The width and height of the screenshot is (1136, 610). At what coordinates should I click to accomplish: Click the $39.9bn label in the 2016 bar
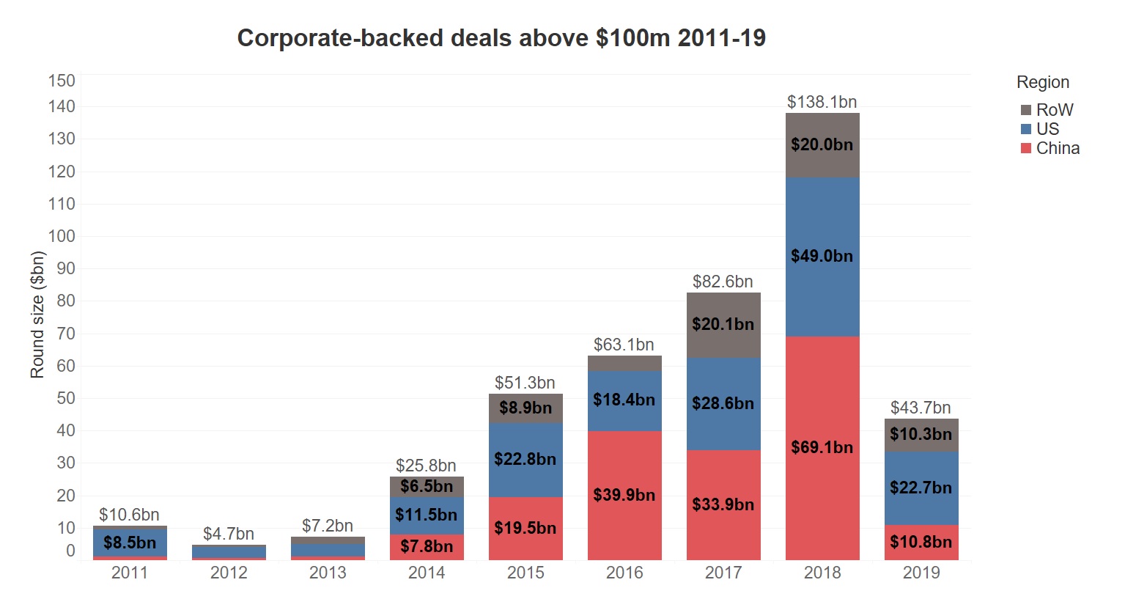click(624, 495)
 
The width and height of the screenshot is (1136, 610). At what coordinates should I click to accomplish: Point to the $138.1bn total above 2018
click(822, 102)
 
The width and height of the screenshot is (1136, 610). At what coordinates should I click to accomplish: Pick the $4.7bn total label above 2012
click(229, 534)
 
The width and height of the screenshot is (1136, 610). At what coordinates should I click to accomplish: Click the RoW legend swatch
click(1026, 110)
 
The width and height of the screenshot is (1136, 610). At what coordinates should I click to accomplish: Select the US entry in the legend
click(1047, 129)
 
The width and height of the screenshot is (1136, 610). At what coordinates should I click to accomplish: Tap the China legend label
click(1058, 148)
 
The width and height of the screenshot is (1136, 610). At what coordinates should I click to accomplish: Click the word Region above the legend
click(1042, 82)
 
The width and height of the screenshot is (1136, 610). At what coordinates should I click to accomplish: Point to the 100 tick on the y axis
click(62, 236)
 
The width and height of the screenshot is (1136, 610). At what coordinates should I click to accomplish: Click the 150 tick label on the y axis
click(62, 81)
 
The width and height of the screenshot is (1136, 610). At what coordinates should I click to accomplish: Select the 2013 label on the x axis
click(328, 573)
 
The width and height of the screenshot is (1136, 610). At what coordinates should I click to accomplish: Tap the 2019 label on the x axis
click(921, 573)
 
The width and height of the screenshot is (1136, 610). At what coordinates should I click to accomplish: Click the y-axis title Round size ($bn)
click(37, 315)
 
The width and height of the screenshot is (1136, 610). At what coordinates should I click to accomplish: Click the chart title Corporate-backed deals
click(501, 38)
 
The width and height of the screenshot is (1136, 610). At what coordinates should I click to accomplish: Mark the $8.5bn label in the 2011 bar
click(130, 543)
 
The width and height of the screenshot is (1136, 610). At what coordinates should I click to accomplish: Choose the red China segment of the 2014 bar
click(427, 548)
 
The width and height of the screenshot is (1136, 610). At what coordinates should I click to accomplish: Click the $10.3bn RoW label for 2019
click(921, 434)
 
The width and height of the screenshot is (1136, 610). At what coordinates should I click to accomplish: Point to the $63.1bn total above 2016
click(624, 345)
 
